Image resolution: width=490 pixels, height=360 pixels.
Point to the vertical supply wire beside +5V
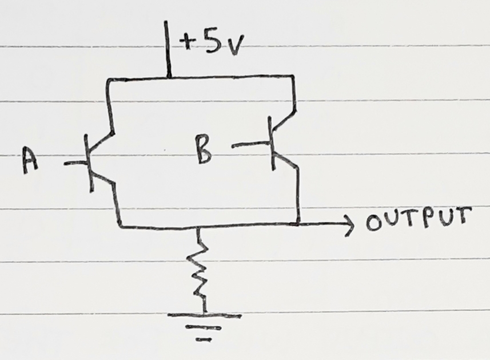[168, 49]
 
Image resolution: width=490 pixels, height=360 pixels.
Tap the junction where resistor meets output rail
[198, 227]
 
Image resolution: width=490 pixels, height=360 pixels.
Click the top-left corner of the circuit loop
[108, 82]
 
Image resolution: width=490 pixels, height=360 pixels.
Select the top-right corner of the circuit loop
[293, 76]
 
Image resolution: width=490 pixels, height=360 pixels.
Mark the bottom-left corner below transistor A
[120, 226]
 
